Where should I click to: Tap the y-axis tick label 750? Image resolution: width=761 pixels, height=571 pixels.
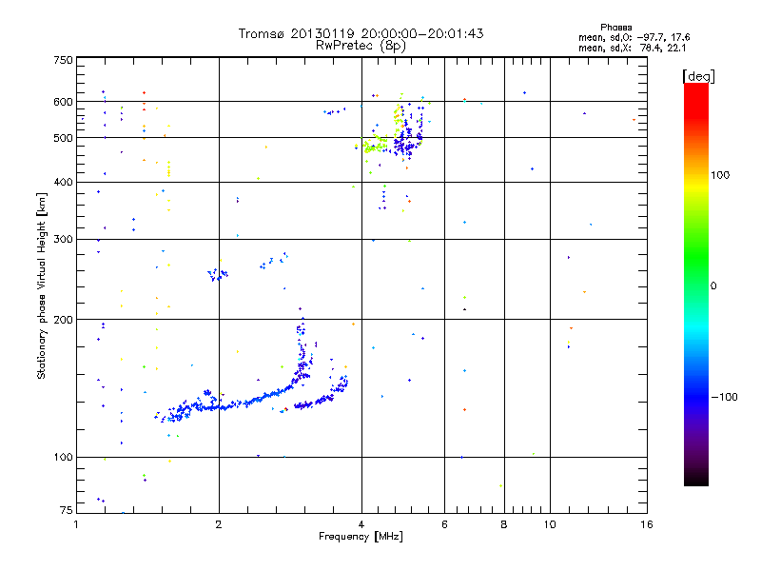coord(63,60)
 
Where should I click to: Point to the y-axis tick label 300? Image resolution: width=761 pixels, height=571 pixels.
coord(63,239)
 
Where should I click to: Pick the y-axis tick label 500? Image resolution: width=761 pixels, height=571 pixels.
coord(63,138)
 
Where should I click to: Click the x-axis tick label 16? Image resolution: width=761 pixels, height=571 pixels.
coord(646,524)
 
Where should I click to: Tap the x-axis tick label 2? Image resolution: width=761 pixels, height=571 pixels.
coord(219,524)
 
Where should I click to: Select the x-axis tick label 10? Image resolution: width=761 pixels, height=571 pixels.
coord(549,524)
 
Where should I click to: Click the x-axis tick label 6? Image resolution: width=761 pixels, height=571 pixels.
coord(444,524)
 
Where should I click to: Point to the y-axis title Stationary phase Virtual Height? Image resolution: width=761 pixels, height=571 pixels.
coord(41,285)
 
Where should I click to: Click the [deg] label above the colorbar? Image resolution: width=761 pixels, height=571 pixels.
coord(699,75)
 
